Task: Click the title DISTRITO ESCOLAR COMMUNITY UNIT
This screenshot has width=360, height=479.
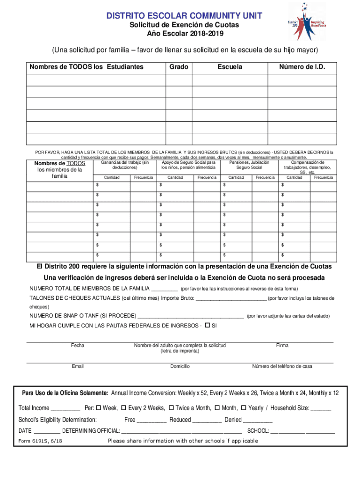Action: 184,16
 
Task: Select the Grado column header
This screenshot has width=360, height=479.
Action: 179,67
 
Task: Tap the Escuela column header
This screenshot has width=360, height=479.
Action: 230,67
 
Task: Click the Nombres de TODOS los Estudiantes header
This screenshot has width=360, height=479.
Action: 86,67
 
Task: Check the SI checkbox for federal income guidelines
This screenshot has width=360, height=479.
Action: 208,325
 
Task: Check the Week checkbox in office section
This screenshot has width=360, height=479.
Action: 98,408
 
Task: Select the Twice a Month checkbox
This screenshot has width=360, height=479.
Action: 171,408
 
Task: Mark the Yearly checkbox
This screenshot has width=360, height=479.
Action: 244,408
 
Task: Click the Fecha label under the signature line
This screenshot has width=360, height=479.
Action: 78,346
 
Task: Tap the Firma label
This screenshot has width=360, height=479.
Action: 282,346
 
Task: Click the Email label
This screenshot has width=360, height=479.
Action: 78,366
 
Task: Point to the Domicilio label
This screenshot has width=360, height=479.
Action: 180,366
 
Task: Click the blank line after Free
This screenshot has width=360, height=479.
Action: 151,421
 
